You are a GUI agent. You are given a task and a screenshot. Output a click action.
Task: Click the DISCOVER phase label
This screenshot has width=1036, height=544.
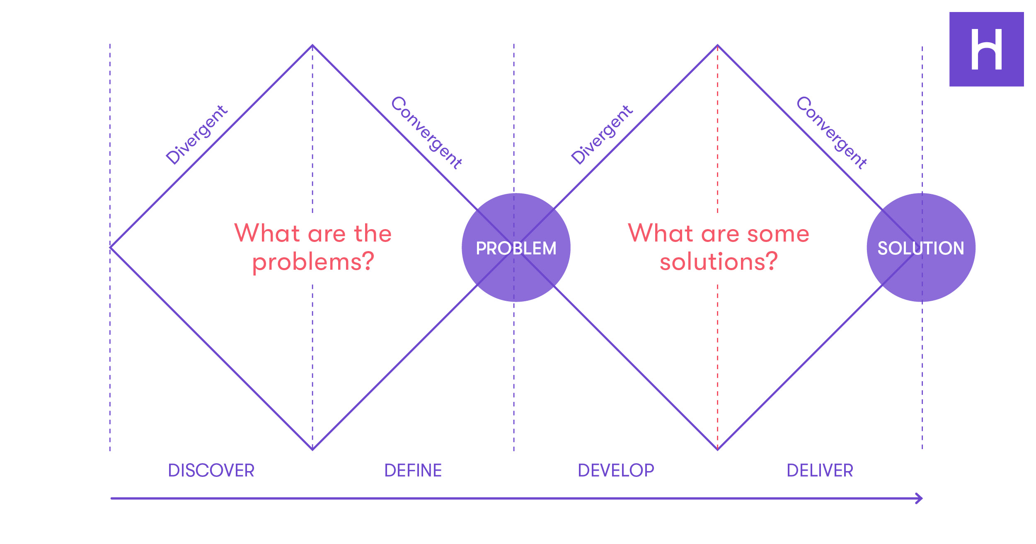coord(211,471)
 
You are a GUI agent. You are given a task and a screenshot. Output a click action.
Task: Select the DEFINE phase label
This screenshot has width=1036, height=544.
coord(413,471)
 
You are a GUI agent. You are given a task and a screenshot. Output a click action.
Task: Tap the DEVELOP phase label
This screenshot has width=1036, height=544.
coord(616,471)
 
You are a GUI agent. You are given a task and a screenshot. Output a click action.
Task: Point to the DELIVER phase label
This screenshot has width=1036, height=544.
coord(820,471)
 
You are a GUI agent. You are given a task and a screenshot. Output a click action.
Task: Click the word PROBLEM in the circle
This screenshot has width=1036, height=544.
coord(516,248)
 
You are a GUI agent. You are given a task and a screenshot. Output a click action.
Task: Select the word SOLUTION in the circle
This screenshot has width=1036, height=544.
coord(921,248)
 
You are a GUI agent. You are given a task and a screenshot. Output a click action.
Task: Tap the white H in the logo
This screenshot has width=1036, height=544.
coord(987,49)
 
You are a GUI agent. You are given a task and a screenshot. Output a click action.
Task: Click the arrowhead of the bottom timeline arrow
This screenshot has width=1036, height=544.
coord(919,498)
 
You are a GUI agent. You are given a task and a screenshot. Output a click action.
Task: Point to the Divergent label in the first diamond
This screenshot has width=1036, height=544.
coord(196,135)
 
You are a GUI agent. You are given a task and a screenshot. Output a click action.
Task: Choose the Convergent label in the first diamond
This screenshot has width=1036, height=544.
coord(426,133)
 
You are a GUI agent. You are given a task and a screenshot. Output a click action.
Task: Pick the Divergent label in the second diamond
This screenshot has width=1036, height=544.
coord(602,135)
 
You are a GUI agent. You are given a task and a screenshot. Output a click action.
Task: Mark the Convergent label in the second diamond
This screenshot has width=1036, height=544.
coord(832,133)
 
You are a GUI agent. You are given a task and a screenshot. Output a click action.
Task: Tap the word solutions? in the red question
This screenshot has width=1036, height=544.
coord(719,262)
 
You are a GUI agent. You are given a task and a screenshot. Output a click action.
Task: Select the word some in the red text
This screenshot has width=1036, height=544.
coord(778,234)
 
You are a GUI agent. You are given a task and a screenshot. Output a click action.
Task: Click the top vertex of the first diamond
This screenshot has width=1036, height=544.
coord(312,45)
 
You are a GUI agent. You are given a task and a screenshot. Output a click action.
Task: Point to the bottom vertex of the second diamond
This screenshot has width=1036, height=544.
coord(718,450)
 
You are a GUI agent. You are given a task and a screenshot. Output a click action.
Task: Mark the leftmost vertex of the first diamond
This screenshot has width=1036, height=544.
coord(111,247)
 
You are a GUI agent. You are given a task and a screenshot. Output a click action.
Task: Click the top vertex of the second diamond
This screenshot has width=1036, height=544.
coord(718,45)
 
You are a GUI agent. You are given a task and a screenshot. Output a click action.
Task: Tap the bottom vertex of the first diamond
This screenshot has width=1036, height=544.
coord(312,450)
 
